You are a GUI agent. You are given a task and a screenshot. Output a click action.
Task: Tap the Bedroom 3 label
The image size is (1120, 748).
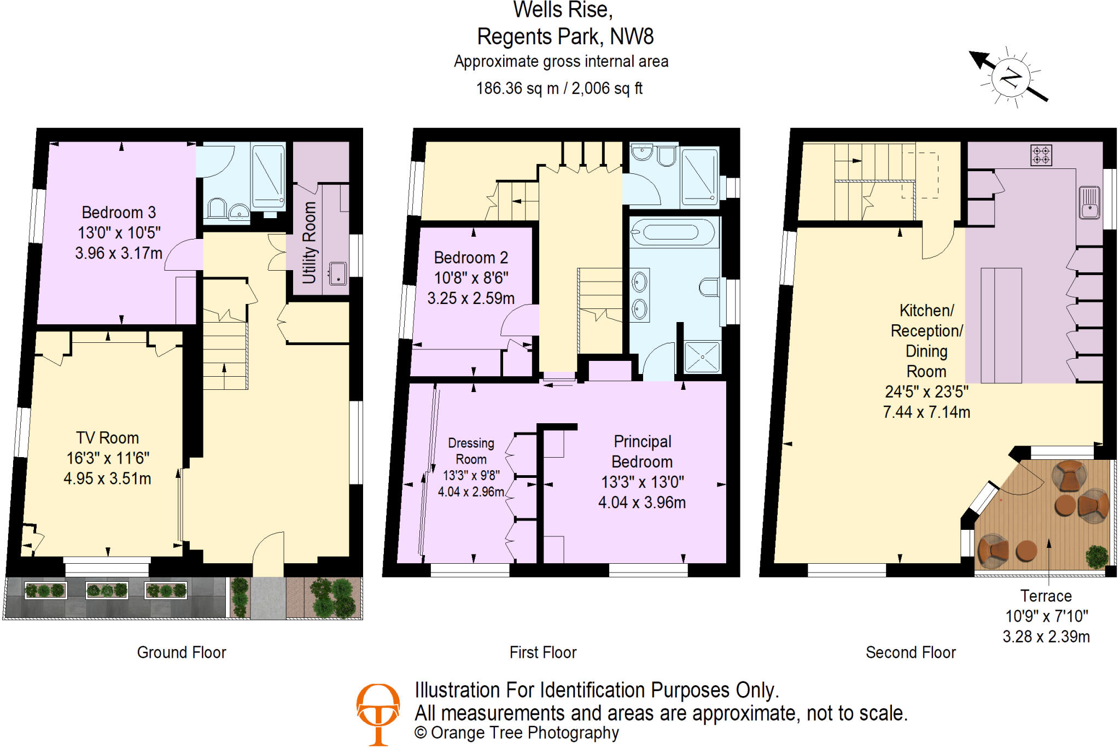coord(119,212)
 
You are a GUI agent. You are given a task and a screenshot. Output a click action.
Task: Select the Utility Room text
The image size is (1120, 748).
coord(310,243)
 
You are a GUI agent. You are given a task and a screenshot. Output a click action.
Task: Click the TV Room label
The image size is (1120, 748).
coord(107,438)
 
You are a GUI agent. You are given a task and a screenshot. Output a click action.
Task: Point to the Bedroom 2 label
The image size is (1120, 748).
coord(471,258)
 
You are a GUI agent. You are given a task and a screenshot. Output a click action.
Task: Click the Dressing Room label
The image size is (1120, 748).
coord(471,451)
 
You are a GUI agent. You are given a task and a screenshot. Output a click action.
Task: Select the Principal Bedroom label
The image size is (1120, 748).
coord(642,451)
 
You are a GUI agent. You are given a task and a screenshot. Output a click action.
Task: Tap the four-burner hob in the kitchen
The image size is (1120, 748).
coord(1041,155)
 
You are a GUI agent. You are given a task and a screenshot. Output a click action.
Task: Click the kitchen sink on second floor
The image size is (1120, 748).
coord(1089,203)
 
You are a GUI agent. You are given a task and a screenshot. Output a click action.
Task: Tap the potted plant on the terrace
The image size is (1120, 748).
coord(1096,557)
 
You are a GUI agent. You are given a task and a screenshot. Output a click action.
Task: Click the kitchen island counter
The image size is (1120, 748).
coord(1001,325)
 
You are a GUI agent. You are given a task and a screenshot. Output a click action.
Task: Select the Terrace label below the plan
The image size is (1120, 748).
coord(1046,596)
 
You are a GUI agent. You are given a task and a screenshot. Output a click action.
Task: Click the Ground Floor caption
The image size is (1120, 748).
coord(182,652)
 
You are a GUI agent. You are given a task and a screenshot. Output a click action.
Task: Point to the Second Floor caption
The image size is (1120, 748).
coord(911,652)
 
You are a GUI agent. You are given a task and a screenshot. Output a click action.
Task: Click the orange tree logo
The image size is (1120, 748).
coord(378,713)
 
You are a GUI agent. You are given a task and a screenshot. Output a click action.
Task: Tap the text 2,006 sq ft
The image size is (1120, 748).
coord(606,89)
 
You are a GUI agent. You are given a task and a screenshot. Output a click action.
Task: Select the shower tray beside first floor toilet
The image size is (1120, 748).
coord(702,357)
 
